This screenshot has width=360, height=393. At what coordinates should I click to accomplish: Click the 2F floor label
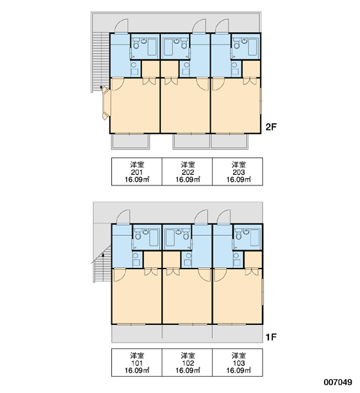pyautogui.click(x=271, y=127)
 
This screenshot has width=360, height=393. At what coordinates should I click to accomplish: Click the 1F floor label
pyautogui.click(x=271, y=337)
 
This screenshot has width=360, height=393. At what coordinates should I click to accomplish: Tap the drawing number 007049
pyautogui.click(x=338, y=383)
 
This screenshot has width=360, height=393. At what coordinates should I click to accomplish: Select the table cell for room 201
pyautogui.click(x=137, y=172)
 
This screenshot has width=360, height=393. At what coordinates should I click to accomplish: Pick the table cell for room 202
pyautogui.click(x=187, y=172)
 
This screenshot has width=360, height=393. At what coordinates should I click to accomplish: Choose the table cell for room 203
pyautogui.click(x=238, y=172)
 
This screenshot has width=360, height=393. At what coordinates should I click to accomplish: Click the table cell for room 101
pyautogui.click(x=137, y=362)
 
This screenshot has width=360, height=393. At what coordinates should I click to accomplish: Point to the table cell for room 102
pyautogui.click(x=187, y=362)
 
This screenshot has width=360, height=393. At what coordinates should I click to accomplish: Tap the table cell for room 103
pyautogui.click(x=238, y=362)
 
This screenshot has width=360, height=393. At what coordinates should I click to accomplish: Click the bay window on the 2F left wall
pyautogui.click(x=106, y=103)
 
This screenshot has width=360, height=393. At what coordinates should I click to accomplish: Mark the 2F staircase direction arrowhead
pyautogui.click(x=101, y=88)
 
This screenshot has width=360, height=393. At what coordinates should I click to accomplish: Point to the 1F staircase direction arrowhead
pyautogui.click(x=103, y=255)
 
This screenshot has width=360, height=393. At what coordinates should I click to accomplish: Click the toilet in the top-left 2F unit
pyautogui.click(x=136, y=45)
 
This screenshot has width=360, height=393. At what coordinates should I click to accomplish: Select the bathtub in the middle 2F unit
pyautogui.click(x=168, y=47)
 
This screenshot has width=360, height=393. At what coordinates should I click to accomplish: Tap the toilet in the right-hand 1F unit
pyautogui.click(x=238, y=236)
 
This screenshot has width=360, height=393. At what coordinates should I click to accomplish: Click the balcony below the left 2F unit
pyautogui.click(x=130, y=141)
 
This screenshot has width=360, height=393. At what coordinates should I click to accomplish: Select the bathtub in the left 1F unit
pyautogui.click(x=154, y=238)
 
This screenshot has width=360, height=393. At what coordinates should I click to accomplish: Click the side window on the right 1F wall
pyautogui.click(x=262, y=292)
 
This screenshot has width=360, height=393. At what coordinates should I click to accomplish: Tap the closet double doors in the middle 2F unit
pyautogui.click(x=171, y=81)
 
